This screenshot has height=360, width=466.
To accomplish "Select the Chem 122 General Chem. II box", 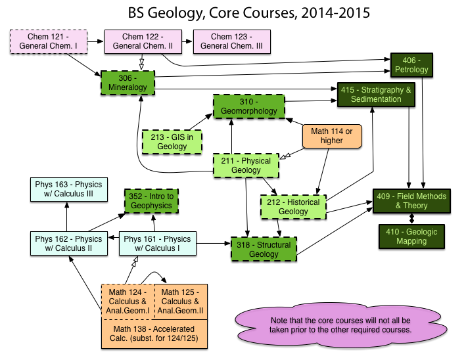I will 139,41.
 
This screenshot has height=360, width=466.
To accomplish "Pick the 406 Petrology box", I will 412,64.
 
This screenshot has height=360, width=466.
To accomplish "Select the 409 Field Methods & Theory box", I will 411,201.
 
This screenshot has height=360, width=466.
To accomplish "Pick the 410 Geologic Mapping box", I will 411,236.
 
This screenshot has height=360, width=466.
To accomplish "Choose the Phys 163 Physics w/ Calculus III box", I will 69,191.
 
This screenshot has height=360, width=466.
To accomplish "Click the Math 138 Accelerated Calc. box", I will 154,333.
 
